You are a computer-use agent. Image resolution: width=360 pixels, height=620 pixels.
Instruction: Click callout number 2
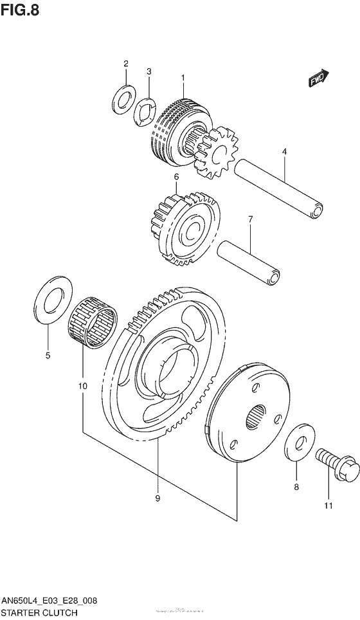coord(126,63)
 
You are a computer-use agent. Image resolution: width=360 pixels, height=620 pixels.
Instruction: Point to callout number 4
coord(283,152)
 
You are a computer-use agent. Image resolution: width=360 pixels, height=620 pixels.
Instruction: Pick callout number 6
coord(175,176)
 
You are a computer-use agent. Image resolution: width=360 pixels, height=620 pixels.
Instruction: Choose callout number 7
coord(250,219)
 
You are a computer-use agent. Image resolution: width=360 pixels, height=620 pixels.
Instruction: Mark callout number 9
coord(157,497)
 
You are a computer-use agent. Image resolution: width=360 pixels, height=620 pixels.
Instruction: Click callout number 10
coord(82,386)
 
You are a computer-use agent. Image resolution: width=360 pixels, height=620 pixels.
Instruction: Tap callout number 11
coord(328,506)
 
